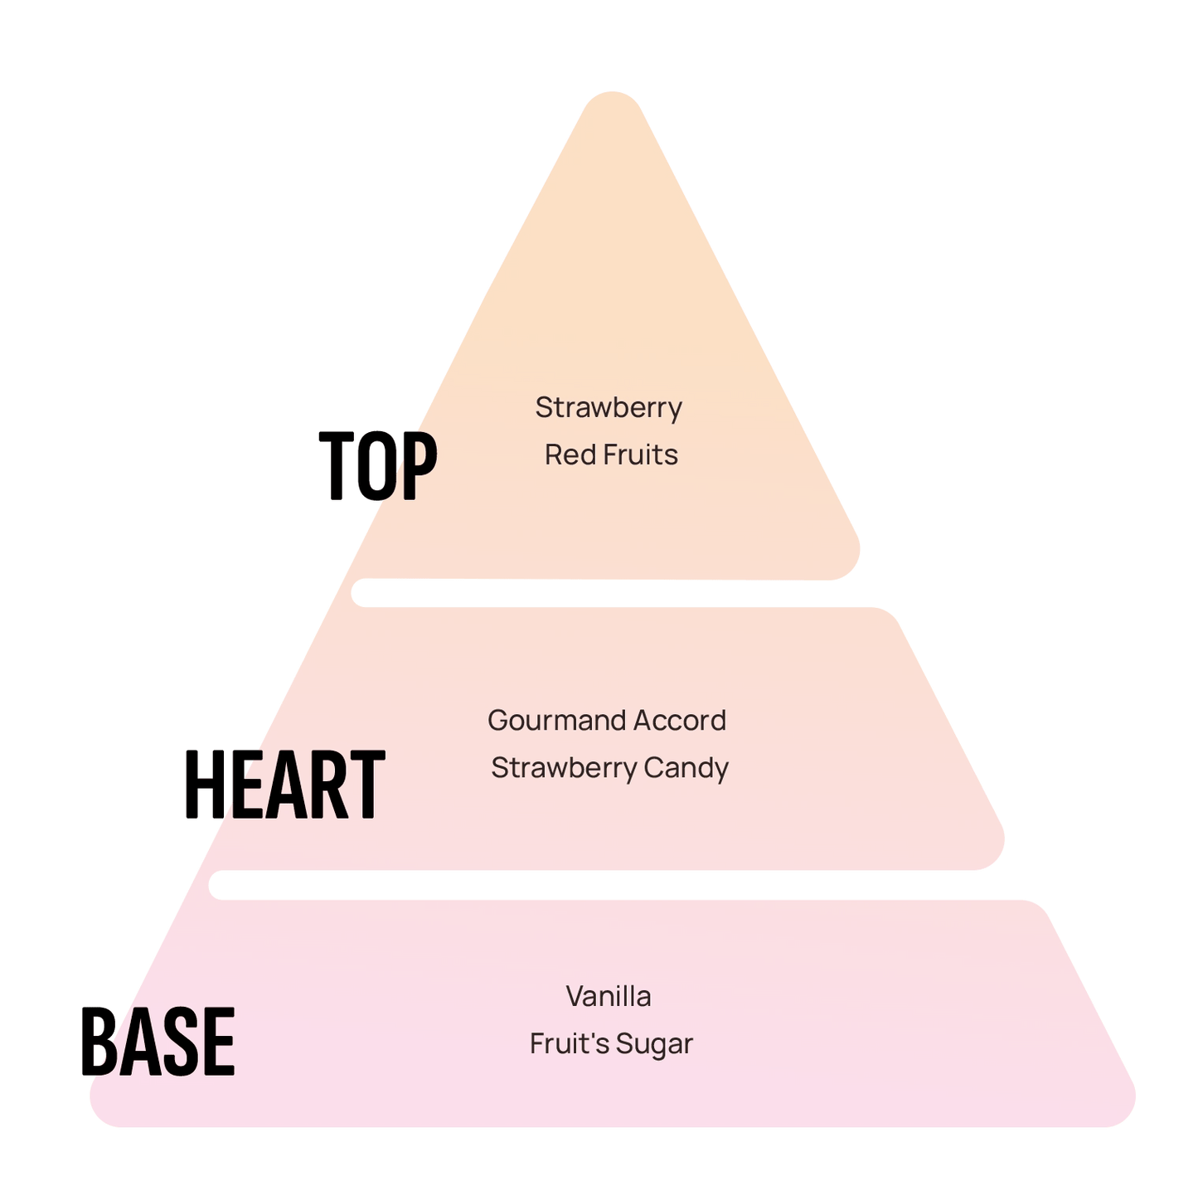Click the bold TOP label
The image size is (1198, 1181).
[x=378, y=466]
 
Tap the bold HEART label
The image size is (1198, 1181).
[x=284, y=785]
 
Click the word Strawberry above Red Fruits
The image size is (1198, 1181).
[x=609, y=408]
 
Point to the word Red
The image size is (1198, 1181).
[x=565, y=454]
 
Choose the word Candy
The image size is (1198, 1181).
[x=686, y=768]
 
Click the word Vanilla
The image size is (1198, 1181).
[x=609, y=996]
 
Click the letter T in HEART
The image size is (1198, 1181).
[x=368, y=785]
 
